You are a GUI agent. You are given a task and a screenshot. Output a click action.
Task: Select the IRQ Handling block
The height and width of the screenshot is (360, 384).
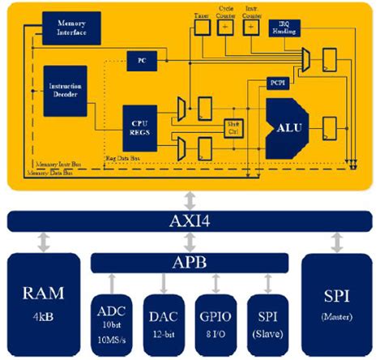288,28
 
